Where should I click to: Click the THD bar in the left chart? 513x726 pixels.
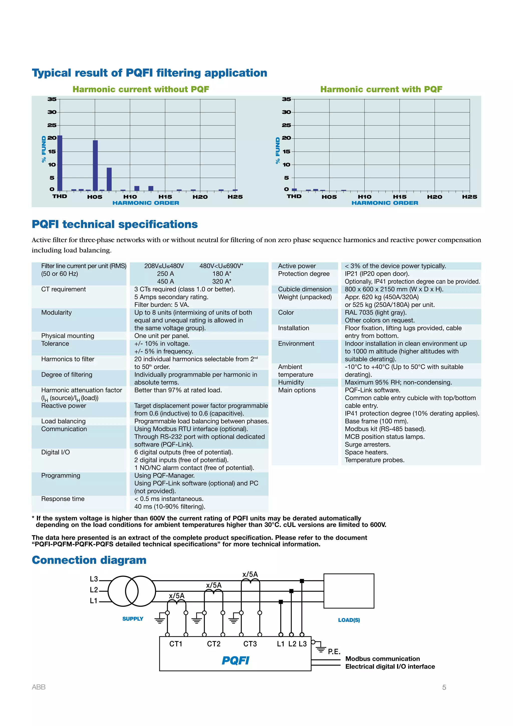60,163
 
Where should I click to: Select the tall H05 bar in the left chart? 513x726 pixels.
95,165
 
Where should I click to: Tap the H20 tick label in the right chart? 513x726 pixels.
434,197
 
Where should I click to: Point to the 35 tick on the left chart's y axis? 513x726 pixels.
52,99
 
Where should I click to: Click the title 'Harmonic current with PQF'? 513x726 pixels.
381,89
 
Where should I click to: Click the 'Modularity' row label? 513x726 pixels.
57,312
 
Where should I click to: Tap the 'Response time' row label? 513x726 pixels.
63,499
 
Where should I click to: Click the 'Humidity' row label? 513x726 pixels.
291,382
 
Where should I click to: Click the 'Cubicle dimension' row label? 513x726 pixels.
305,289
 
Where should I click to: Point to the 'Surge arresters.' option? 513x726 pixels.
367,444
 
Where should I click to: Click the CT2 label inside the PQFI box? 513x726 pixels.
213,644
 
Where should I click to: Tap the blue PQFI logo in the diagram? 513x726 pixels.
235,661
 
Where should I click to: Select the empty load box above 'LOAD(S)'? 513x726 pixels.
349,591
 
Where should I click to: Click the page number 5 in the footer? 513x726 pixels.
444,687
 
